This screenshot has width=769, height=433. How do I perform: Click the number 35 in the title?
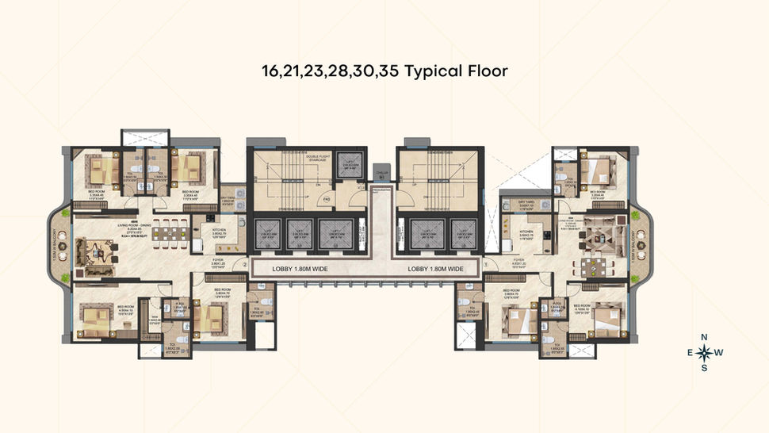pos(390,70)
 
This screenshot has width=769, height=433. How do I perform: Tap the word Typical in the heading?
pos(435,70)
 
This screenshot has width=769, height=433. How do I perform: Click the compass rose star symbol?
pos(703,351)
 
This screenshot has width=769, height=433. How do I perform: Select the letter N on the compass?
pos(703,336)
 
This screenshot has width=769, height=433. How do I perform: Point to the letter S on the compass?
pos(703,367)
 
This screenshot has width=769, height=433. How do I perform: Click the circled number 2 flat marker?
pos(246,266)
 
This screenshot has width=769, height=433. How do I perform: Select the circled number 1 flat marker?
pos(484,266)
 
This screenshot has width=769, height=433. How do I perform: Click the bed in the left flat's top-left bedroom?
pos(100,169)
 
